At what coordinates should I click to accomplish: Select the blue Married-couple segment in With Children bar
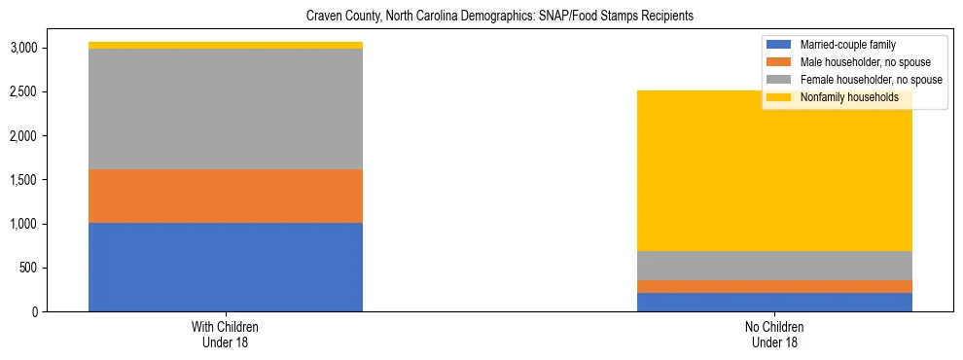tap(226, 267)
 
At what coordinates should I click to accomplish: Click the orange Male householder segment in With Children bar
tap(226, 196)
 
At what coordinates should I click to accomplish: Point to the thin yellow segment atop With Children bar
tap(226, 45)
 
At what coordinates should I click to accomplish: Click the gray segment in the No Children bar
tap(774, 266)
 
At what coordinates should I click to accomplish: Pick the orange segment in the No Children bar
tap(774, 286)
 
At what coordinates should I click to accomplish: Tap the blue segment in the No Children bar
tap(774, 302)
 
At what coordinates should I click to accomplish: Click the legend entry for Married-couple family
tap(854, 45)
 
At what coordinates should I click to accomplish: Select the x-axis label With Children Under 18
tap(226, 334)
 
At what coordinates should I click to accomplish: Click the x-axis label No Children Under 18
tap(774, 334)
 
